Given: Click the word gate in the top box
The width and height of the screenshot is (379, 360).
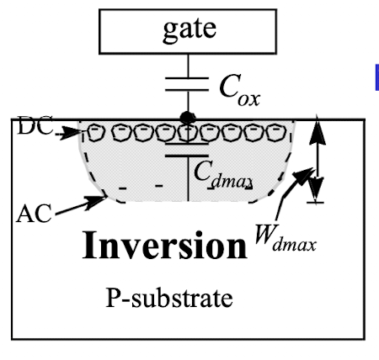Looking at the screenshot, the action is click(189, 30).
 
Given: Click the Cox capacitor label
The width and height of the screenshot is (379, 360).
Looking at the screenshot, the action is click(239, 90).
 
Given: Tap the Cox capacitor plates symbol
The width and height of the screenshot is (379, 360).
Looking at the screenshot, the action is click(187, 84).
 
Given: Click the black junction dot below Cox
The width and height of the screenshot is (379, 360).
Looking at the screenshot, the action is click(188, 118).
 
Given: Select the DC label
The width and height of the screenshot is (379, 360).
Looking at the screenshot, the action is click(35, 125).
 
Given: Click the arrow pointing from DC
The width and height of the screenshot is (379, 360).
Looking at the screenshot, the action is click(69, 132).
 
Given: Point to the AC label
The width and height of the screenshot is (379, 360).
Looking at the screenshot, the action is click(34, 214).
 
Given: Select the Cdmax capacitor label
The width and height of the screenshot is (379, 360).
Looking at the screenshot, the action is click(223, 175).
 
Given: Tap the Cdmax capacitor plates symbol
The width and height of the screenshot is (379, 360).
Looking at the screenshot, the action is click(187, 150).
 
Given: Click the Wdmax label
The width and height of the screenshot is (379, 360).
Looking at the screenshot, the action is click(286, 238).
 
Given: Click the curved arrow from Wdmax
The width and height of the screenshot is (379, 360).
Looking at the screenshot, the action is click(292, 191).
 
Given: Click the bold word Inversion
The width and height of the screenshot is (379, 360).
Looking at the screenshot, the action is click(165, 245).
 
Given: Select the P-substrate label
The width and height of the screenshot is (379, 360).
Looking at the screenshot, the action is click(169, 298).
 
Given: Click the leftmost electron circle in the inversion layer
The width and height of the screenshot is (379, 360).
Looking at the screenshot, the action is click(95, 132).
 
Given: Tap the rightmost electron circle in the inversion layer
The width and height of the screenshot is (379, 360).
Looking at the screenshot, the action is click(276, 132).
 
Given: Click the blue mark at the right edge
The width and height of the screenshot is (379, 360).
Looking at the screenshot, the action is click(376, 77).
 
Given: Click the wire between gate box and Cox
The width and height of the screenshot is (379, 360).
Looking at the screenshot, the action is click(188, 66).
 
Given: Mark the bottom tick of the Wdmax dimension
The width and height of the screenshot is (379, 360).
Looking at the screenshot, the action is click(315, 202).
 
